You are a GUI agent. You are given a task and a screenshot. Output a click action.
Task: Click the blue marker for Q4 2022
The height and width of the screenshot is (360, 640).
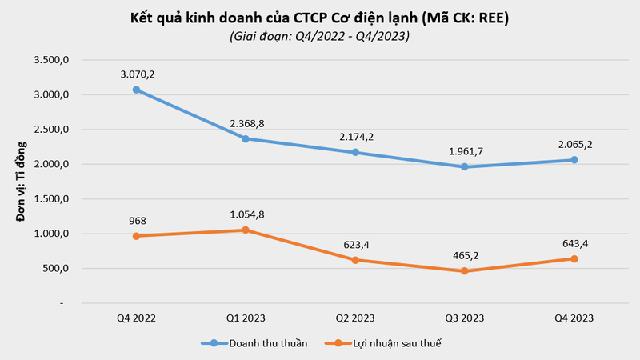pos(136,90)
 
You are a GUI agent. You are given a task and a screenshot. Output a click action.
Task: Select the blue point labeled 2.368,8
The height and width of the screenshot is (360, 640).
pos(246,138)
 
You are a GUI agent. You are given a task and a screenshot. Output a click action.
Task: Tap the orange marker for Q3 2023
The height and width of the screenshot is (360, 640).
pos(464,271)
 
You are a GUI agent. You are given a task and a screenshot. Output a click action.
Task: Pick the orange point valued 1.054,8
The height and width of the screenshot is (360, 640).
pos(246,230)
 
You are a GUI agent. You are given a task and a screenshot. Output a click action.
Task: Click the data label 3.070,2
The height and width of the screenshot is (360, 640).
pos(137,74)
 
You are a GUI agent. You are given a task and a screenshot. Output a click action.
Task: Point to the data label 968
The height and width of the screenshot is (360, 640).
pos(137,220)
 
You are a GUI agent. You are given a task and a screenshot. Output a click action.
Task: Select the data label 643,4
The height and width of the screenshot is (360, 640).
pos(574,243)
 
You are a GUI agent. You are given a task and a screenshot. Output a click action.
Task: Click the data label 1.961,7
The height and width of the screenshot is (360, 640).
pos(464,151)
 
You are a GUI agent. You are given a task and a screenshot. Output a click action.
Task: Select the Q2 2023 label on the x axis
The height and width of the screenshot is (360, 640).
pos(354,318)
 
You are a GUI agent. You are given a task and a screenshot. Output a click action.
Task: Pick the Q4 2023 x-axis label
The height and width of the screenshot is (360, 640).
pos(574,318)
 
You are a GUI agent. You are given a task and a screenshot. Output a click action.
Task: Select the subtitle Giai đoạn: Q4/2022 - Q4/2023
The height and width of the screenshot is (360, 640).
pos(320,36)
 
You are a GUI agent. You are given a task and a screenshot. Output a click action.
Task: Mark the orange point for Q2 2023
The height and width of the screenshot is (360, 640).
pos(354,260)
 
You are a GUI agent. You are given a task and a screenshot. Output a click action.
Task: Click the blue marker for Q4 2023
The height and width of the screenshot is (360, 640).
pos(574,160)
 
